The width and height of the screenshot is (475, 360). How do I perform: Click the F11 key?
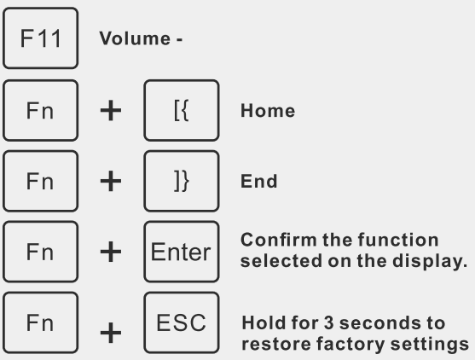point(41,38)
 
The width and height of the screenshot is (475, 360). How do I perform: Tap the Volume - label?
point(141,38)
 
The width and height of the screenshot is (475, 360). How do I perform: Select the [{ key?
point(182,110)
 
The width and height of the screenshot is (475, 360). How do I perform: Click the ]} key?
point(182,181)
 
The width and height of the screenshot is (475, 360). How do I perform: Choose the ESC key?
point(182,322)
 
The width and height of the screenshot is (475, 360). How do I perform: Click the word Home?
point(268,110)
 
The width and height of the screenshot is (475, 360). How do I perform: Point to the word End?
point(259,181)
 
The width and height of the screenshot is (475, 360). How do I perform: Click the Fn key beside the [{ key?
point(41,110)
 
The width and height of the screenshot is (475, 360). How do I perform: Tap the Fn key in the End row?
point(41,181)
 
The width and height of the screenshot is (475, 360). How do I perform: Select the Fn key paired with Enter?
point(41,252)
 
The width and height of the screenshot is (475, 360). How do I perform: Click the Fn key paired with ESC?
point(41,322)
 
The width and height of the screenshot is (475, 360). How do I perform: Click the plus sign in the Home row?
point(111,111)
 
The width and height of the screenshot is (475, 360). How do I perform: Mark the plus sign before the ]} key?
point(111,181)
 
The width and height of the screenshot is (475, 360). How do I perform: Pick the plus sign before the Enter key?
point(111,252)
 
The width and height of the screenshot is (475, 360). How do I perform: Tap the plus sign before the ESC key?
point(111,333)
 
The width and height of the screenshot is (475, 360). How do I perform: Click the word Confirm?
point(279,240)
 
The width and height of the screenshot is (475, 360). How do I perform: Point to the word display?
point(430,262)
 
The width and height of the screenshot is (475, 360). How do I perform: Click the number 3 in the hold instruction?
point(328,322)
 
